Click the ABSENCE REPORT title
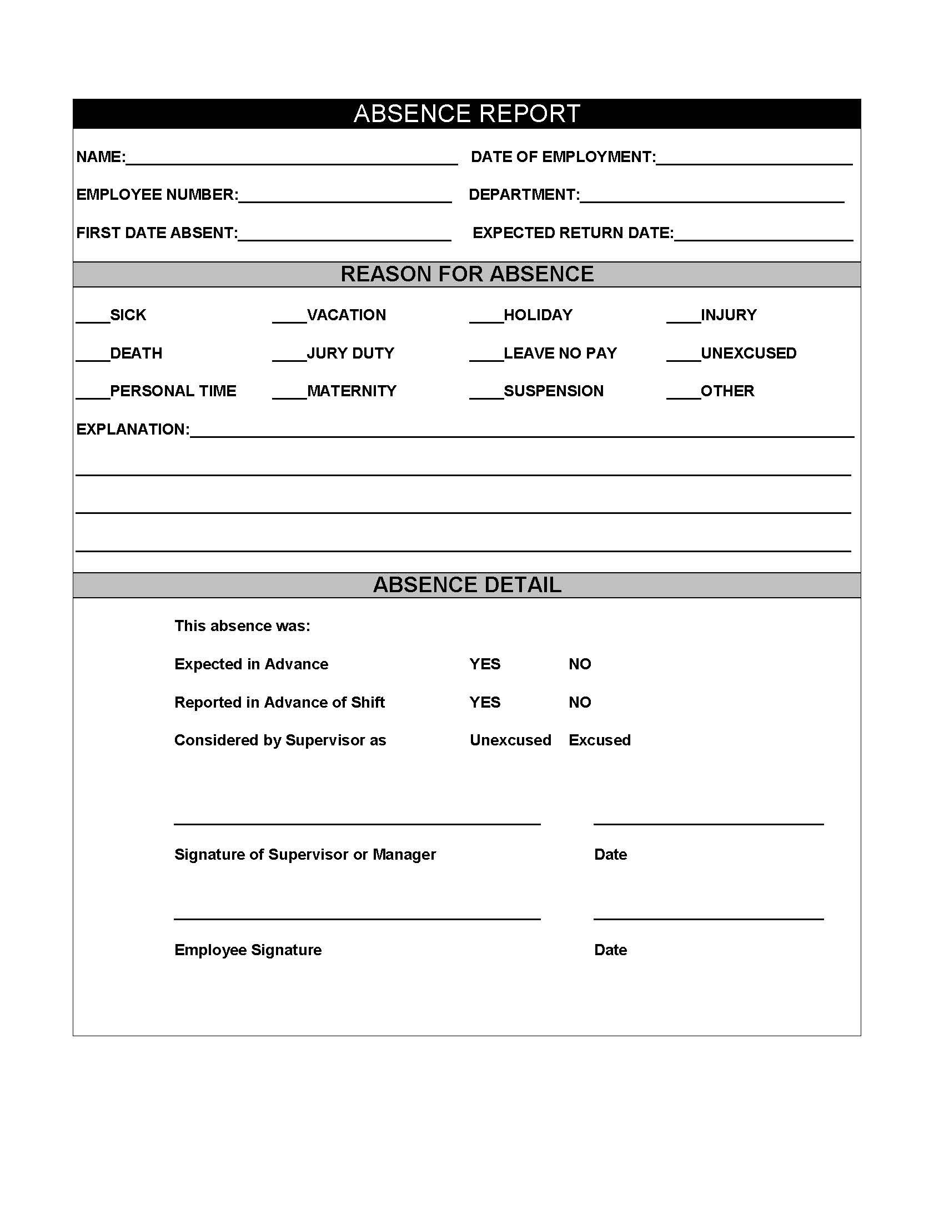pyautogui.click(x=467, y=113)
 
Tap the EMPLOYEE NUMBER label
pyautogui.click(x=157, y=195)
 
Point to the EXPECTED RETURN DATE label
pyautogui.click(x=573, y=233)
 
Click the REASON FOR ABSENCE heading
pyautogui.click(x=467, y=274)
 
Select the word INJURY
pyautogui.click(x=728, y=315)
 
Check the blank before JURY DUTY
pyautogui.click(x=289, y=356)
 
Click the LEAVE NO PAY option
pyautogui.click(x=560, y=354)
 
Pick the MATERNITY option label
pyautogui.click(x=351, y=391)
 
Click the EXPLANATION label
pyautogui.click(x=133, y=430)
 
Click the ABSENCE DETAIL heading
pyautogui.click(x=467, y=585)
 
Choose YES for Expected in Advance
pyautogui.click(x=485, y=664)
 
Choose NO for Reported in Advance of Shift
pyautogui.click(x=579, y=702)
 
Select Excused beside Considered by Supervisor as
pyautogui.click(x=599, y=740)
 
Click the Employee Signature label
pyautogui.click(x=248, y=950)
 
